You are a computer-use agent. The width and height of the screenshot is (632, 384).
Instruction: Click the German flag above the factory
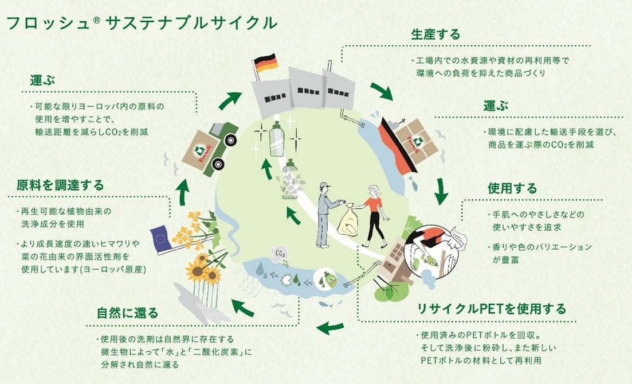(265, 64)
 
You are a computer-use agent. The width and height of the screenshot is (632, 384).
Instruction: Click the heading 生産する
(435, 34)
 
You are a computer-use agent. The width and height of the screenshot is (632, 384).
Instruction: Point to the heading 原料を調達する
(60, 185)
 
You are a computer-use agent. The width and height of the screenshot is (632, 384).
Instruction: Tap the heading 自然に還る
(127, 313)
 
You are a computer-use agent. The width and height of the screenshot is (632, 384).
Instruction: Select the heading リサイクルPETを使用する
(491, 309)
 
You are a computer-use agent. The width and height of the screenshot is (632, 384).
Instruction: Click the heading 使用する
(512, 188)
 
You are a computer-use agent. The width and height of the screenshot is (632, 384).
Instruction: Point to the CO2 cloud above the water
(281, 253)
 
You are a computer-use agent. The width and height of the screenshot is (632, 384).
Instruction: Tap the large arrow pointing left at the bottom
(331, 328)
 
